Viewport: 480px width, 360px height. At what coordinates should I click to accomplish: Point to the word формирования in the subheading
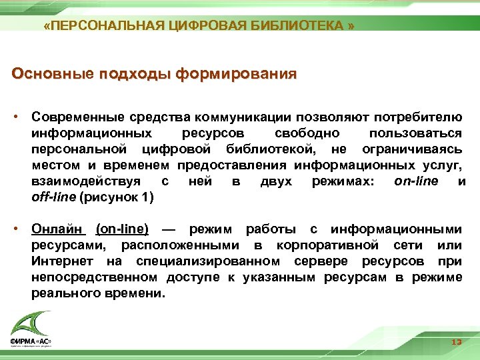click(236, 73)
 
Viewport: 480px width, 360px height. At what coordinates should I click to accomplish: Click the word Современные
click(72, 117)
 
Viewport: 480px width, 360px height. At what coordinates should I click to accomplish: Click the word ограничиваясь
click(412, 149)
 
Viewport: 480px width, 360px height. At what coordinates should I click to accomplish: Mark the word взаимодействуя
click(85, 181)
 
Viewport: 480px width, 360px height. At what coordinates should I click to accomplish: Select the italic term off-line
click(53, 197)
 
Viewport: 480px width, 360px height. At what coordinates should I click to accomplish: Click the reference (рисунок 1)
click(116, 197)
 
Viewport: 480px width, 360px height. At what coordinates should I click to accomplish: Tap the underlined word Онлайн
click(59, 229)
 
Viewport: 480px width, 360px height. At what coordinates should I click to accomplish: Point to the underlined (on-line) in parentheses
click(122, 229)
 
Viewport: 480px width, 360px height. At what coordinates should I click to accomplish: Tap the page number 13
click(456, 342)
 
